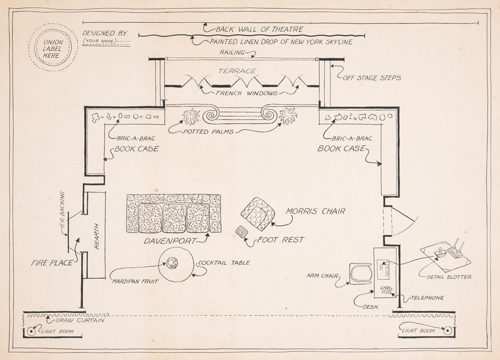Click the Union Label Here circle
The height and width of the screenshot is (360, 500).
point(53,48)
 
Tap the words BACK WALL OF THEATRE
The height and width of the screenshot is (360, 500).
point(259,29)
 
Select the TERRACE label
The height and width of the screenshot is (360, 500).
point(237,71)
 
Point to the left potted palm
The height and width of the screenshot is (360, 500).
point(191,116)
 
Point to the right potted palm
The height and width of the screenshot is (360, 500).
point(288,116)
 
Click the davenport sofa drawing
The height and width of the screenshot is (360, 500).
point(174,213)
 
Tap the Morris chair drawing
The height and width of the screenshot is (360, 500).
point(258,214)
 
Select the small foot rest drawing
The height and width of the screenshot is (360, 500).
point(241,231)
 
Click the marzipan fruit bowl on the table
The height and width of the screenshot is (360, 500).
point(172,263)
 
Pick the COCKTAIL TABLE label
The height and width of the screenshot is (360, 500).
point(224,263)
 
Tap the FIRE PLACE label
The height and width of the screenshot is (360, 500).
point(52,263)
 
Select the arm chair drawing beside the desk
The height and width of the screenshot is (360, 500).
point(360,273)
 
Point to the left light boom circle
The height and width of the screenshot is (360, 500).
point(31,331)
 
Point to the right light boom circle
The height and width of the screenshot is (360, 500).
point(447,330)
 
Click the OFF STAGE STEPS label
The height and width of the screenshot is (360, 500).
point(372,78)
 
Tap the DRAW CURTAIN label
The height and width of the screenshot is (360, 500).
point(80,320)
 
